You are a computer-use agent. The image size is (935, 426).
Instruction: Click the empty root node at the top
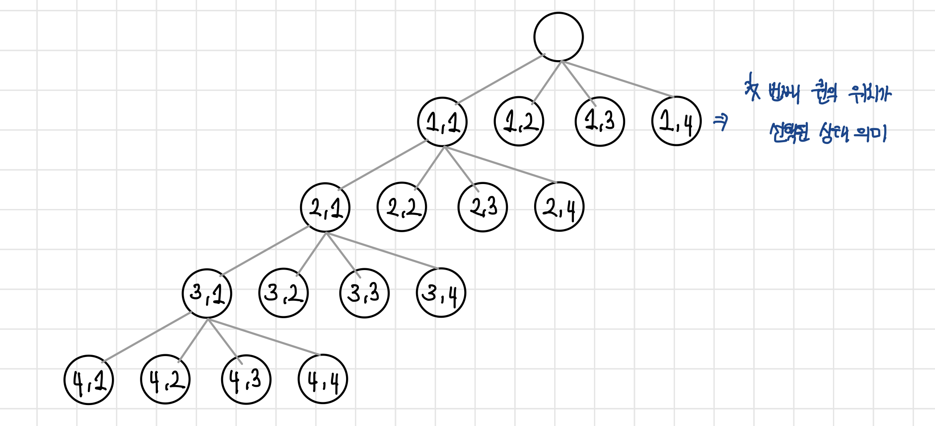click(558, 37)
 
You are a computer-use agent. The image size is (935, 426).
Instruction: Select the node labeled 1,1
click(442, 122)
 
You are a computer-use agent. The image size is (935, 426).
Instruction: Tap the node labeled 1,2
click(519, 121)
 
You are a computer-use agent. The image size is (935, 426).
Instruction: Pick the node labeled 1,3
click(600, 121)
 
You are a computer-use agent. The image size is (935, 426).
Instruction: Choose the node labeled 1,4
click(676, 121)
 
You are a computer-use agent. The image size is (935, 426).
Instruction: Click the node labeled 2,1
click(325, 207)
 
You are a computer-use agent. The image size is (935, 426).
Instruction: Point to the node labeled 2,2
click(402, 207)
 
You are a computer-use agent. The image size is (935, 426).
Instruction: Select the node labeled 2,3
click(482, 207)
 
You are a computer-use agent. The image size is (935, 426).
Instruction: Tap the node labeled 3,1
click(207, 293)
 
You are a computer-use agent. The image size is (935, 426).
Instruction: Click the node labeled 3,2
click(284, 293)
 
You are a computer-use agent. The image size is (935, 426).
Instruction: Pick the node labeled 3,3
click(364, 293)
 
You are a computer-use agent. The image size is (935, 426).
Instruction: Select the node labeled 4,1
click(89, 380)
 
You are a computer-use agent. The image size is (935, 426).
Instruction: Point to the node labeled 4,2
click(165, 379)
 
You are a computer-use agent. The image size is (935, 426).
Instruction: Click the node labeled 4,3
click(246, 379)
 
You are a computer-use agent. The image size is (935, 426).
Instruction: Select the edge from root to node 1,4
click(618, 79)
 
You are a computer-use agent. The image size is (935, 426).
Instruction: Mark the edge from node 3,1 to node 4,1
click(147, 336)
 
